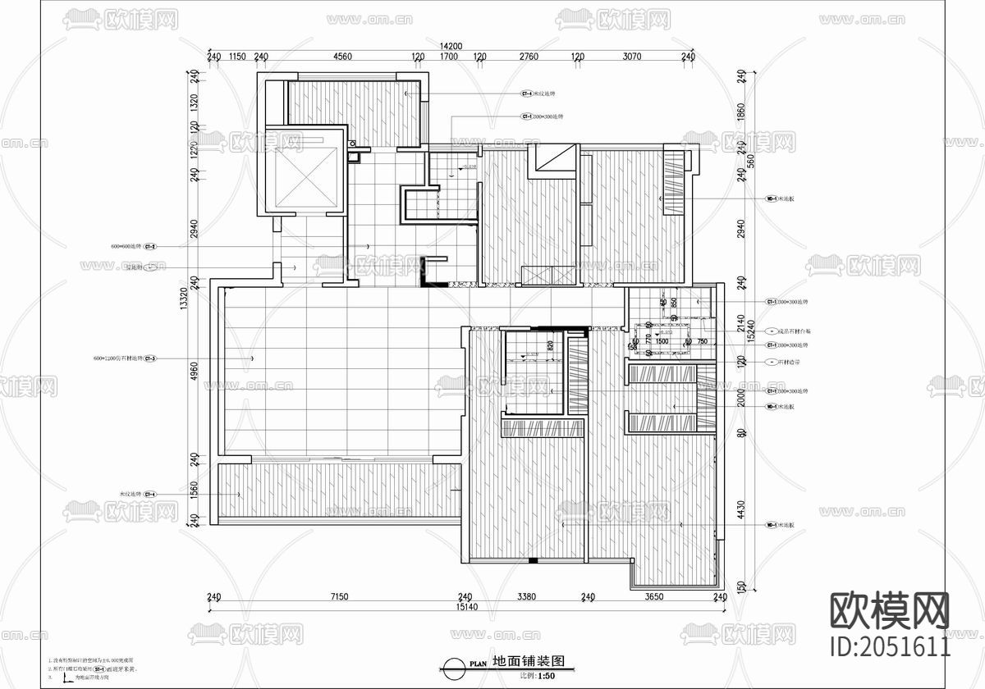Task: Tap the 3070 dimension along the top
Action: pos(632,57)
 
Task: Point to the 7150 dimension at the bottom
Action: pos(339,597)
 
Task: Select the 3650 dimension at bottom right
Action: pos(653,597)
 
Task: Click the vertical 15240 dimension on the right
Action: pos(751,328)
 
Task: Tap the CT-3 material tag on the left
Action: pos(150,358)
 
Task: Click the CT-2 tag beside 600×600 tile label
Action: pos(150,246)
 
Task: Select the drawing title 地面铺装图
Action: pos(525,661)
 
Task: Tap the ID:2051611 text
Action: pos(891,646)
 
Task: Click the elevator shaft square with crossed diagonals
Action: pos(302,171)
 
